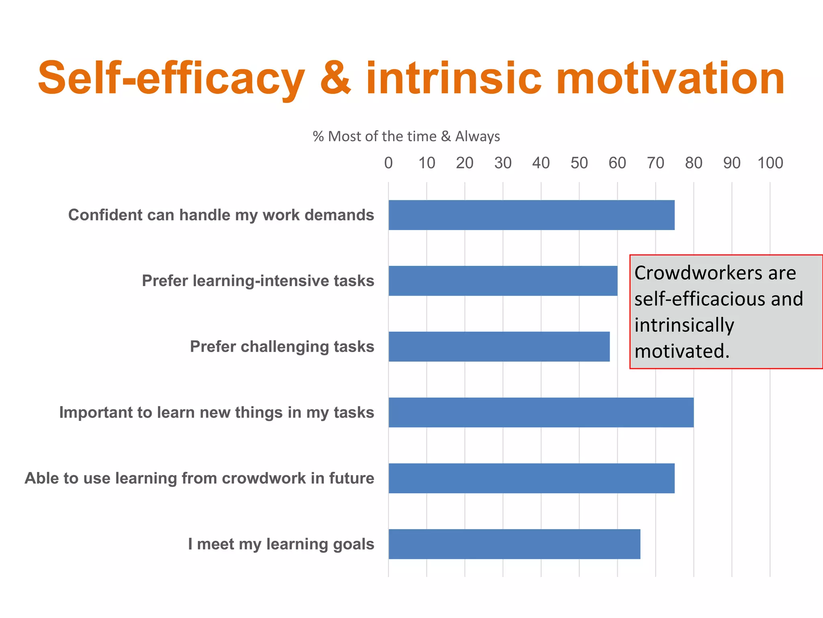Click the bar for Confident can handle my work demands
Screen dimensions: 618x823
pyautogui.click(x=531, y=215)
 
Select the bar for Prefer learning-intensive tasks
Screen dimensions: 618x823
pyautogui.click(x=503, y=281)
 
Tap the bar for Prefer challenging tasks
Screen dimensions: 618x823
pyautogui.click(x=499, y=346)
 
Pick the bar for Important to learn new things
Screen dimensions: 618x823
pyautogui.click(x=541, y=412)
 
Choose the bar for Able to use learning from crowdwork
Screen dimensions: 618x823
pyautogui.click(x=531, y=478)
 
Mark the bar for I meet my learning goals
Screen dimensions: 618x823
pyautogui.click(x=514, y=544)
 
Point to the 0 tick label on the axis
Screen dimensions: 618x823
pyautogui.click(x=388, y=163)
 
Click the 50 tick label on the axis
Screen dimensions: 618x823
pyautogui.click(x=579, y=163)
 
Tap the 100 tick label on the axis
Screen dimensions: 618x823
pyautogui.click(x=770, y=163)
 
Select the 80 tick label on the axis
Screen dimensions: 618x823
pyautogui.click(x=694, y=163)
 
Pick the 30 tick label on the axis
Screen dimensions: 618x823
pyautogui.click(x=503, y=163)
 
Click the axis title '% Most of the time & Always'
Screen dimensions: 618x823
pyautogui.click(x=406, y=136)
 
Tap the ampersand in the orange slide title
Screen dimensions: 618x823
pyautogui.click(x=336, y=78)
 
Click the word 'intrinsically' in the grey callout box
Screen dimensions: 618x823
pyautogui.click(x=684, y=325)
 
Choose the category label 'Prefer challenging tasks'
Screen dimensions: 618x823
pyautogui.click(x=282, y=347)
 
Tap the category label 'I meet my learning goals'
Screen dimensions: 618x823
pyautogui.click(x=281, y=544)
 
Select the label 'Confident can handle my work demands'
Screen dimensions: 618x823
pyautogui.click(x=221, y=215)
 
